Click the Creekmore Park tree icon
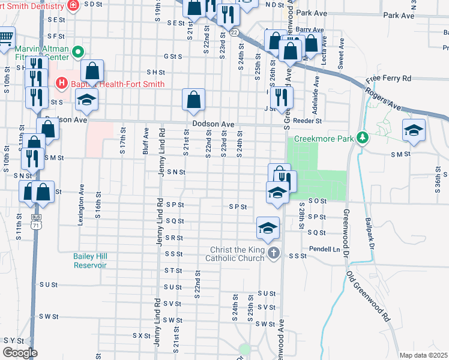pyautogui.click(x=361, y=138)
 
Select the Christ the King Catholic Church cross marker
pyautogui.click(x=274, y=252)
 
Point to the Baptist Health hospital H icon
pyautogui.click(x=61, y=83)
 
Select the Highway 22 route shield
pyautogui.click(x=234, y=32)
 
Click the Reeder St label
pyautogui.click(x=308, y=121)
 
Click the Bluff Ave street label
pyautogui.click(x=146, y=141)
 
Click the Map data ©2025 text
pyautogui.click(x=423, y=355)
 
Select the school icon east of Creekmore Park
pyautogui.click(x=414, y=132)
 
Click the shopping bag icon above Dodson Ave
pyautogui.click(x=194, y=101)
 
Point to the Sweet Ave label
pyautogui.click(x=341, y=53)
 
